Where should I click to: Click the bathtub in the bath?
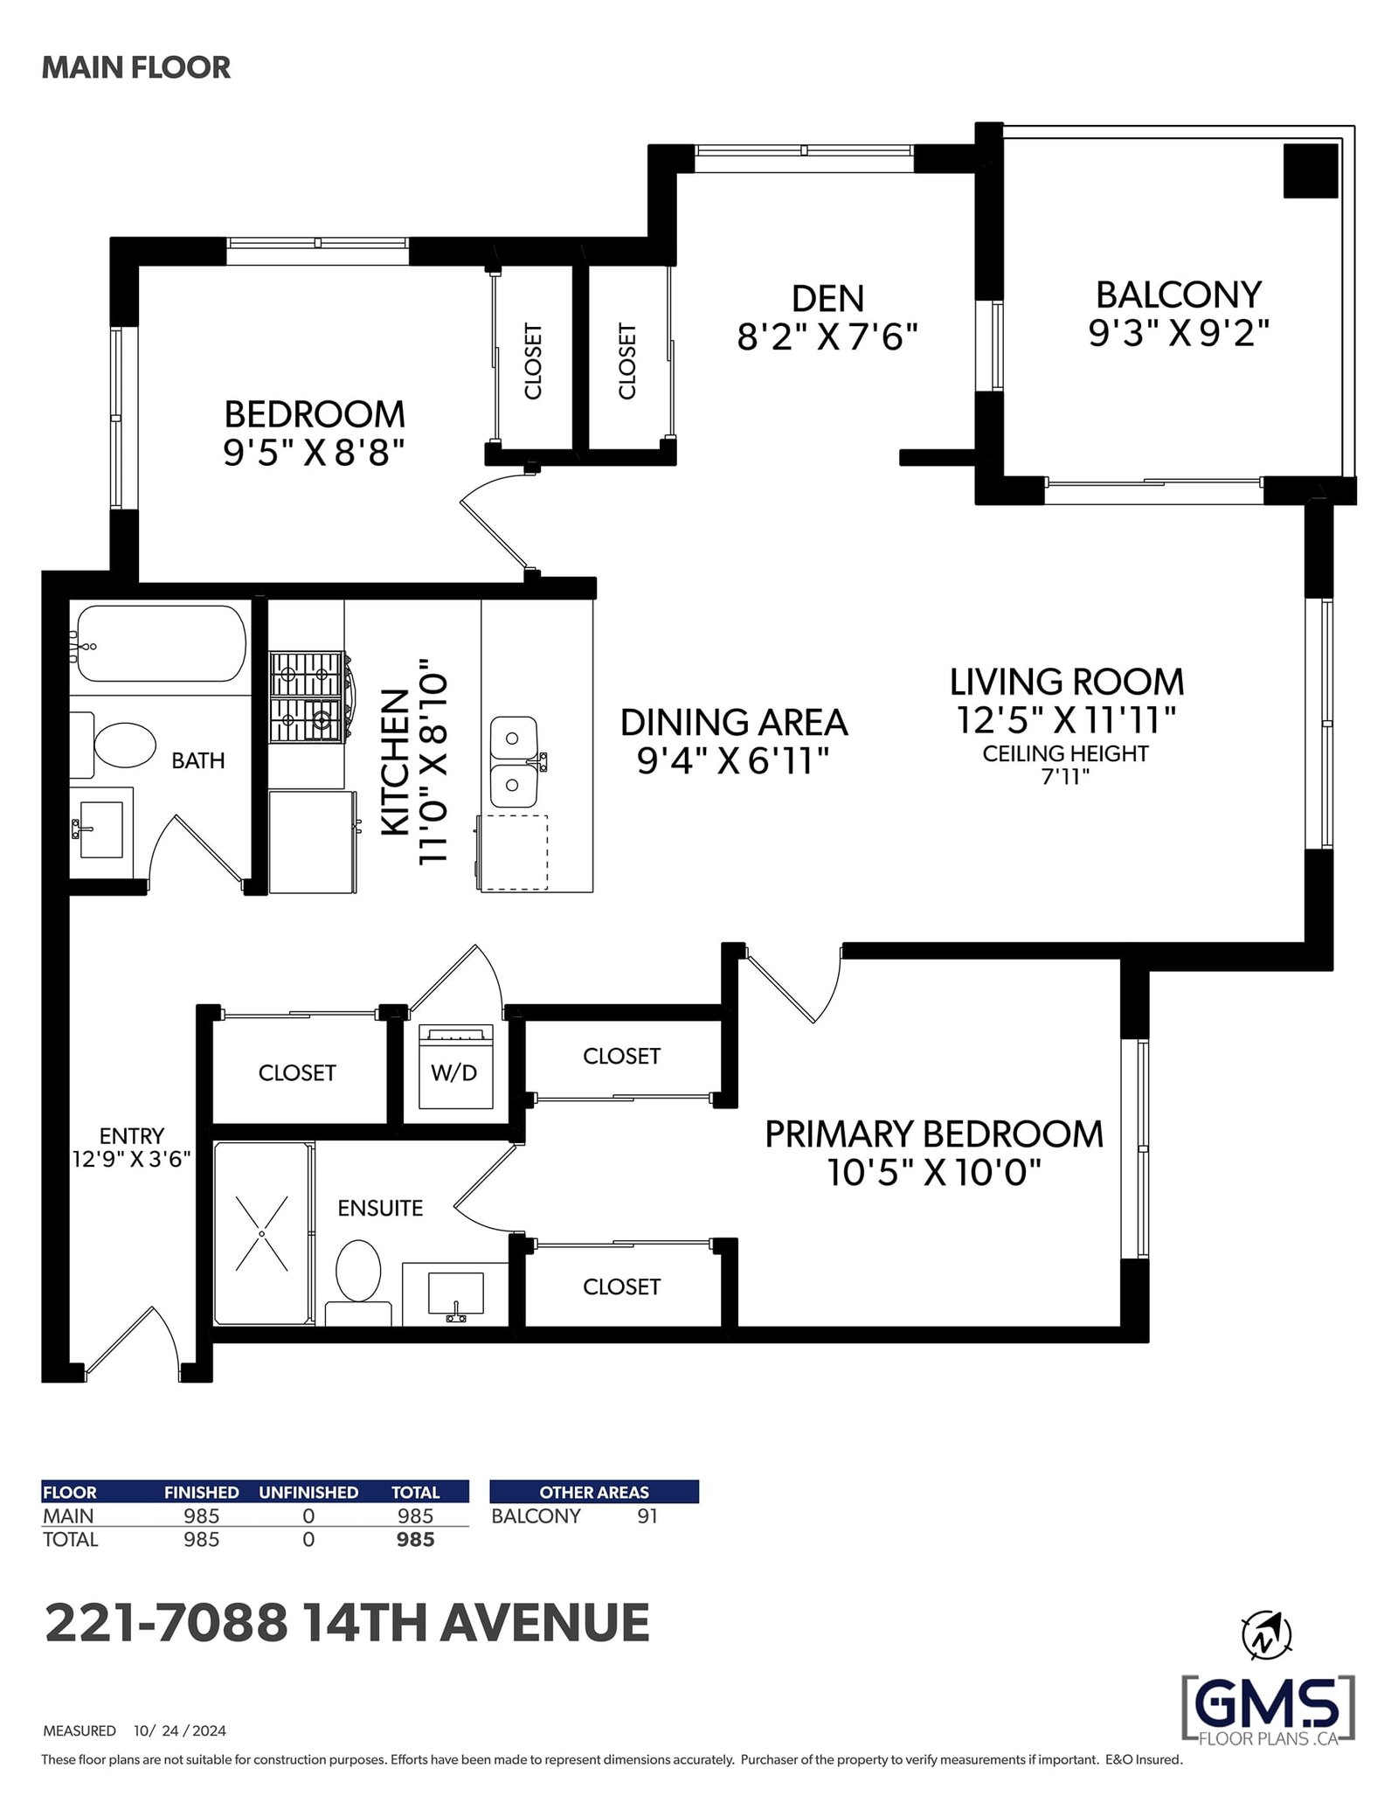160,644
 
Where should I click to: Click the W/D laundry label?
454,1072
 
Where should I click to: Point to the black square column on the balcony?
1311,170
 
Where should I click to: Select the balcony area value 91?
647,1516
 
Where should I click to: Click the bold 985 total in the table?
415,1539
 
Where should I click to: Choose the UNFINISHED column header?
308,1492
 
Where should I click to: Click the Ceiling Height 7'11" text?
1065,765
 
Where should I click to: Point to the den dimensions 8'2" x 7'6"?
827,336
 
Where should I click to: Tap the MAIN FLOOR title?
136,67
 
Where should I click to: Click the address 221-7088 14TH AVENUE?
347,1623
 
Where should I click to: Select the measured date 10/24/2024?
180,1730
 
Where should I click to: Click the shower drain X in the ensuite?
262,1233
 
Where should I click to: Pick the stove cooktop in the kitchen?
305,697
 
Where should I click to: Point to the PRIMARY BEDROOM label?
934,1134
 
